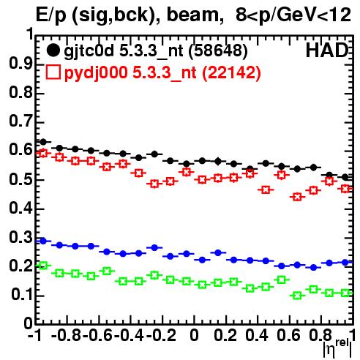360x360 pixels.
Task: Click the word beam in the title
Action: pyautogui.click(x=192, y=15)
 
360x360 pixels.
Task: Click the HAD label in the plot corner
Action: pyautogui.click(x=327, y=50)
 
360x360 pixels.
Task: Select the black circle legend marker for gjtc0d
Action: pyautogui.click(x=53, y=50)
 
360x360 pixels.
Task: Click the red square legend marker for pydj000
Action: pyautogui.click(x=53, y=72)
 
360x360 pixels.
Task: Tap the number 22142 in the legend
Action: pyautogui.click(x=232, y=72)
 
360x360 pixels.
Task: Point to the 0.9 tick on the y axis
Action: pyautogui.click(x=20, y=64)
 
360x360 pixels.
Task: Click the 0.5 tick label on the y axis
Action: pyautogui.click(x=20, y=180)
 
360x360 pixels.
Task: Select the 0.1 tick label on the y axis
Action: pyautogui.click(x=21, y=295)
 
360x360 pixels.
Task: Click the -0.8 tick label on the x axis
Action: pyautogui.click(x=66, y=336)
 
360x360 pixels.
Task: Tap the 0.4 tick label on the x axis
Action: pyautogui.click(x=257, y=336)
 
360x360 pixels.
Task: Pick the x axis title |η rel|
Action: pyautogui.click(x=337, y=348)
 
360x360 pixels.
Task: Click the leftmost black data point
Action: pyautogui.click(x=43, y=142)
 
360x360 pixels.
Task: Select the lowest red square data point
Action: pyautogui.click(x=297, y=197)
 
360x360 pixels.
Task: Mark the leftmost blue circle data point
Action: pyautogui.click(x=43, y=241)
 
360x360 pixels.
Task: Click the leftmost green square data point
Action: pyautogui.click(x=43, y=266)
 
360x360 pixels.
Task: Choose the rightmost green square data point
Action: pyautogui.click(x=345, y=293)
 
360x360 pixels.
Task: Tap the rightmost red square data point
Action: pyautogui.click(x=345, y=189)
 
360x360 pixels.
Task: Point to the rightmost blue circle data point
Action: pyautogui.click(x=345, y=263)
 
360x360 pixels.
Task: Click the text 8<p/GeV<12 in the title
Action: pyautogui.click(x=293, y=15)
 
